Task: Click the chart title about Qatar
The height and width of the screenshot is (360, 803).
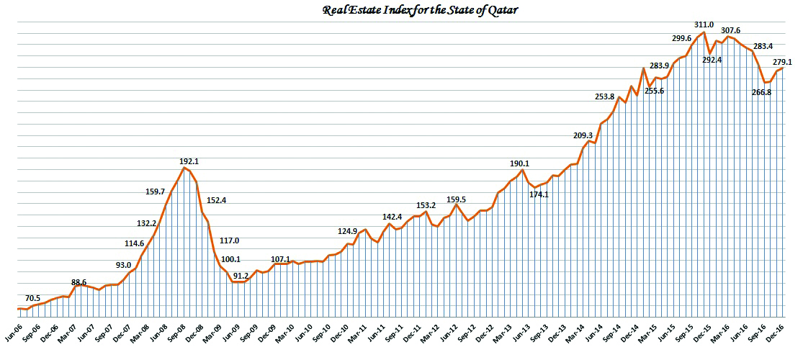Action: (400, 9)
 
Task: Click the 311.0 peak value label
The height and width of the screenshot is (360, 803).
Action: (704, 24)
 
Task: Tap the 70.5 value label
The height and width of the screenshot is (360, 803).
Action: (33, 298)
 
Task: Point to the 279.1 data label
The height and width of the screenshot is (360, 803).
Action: (783, 63)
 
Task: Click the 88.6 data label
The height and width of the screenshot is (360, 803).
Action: (78, 282)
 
